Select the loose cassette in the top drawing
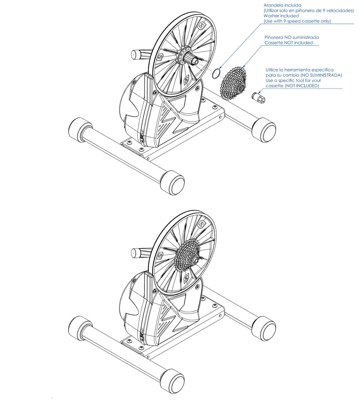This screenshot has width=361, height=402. (234, 83)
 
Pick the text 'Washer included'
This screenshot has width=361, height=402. (281, 16)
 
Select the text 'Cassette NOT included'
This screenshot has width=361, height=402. (289, 43)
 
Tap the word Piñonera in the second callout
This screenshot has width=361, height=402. (274, 38)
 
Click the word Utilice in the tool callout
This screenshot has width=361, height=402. (272, 70)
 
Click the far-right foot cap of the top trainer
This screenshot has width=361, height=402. (264, 130)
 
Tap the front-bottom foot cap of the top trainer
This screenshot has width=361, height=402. (172, 183)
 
